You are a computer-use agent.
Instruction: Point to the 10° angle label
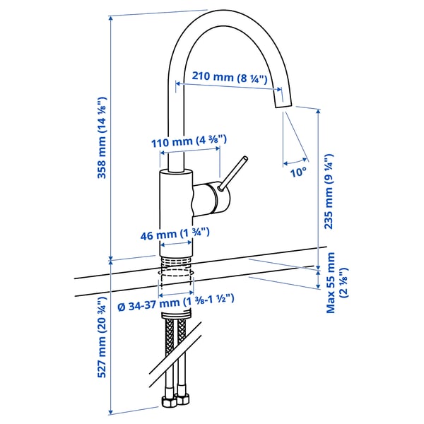(298, 171)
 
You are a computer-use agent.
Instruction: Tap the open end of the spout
(281, 104)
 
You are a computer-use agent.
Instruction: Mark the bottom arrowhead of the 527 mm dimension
(112, 411)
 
